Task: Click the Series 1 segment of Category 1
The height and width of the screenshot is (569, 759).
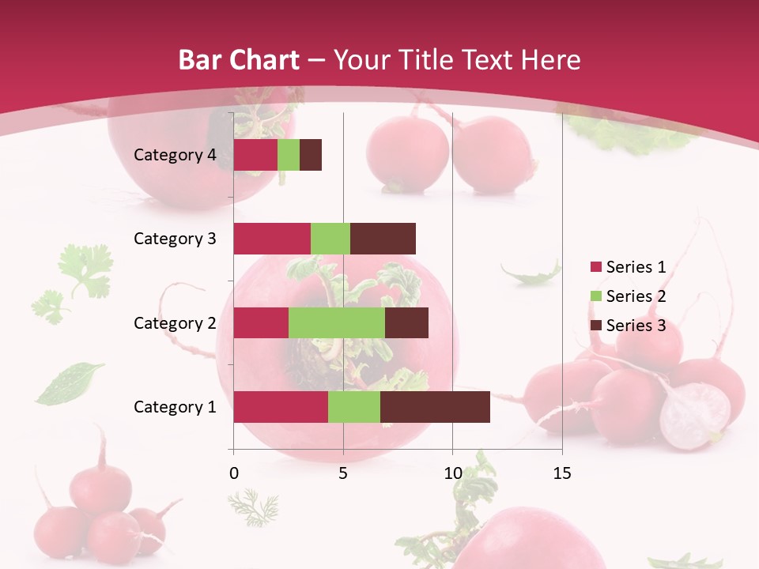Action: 281,407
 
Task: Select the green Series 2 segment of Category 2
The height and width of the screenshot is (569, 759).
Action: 337,322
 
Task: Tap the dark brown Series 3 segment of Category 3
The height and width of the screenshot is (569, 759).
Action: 383,239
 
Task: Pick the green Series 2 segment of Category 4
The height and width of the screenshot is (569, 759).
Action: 289,155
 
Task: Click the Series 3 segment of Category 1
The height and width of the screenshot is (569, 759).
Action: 435,407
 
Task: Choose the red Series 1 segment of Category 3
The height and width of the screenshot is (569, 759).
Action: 272,239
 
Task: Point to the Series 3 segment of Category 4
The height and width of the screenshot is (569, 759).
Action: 311,155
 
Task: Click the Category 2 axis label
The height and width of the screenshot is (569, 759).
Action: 175,322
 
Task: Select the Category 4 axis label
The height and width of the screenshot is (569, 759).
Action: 175,155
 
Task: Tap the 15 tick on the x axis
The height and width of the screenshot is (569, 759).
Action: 562,473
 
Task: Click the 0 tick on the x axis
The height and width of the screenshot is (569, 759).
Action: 234,473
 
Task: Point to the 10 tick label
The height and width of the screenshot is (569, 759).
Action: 452,473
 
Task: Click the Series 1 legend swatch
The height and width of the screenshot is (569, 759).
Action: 595,267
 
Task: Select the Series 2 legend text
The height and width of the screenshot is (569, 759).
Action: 636,296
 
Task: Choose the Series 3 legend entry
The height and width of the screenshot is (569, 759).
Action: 629,326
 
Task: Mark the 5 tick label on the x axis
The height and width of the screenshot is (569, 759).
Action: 343,473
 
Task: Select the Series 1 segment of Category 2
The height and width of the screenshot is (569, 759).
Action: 261,322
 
